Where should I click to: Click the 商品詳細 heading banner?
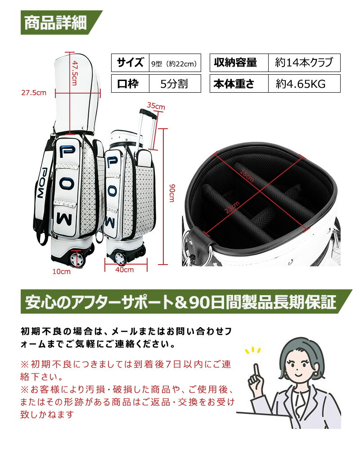[x=55, y=23]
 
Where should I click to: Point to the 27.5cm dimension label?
[x=34, y=93]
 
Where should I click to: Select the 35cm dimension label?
[x=156, y=106]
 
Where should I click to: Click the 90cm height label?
[x=171, y=192]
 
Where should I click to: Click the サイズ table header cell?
[x=130, y=63]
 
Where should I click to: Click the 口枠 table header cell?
[x=130, y=84]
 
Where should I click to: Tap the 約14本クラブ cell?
[x=304, y=63]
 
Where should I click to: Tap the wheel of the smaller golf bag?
[x=120, y=258]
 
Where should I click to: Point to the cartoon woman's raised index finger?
[x=256, y=370]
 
